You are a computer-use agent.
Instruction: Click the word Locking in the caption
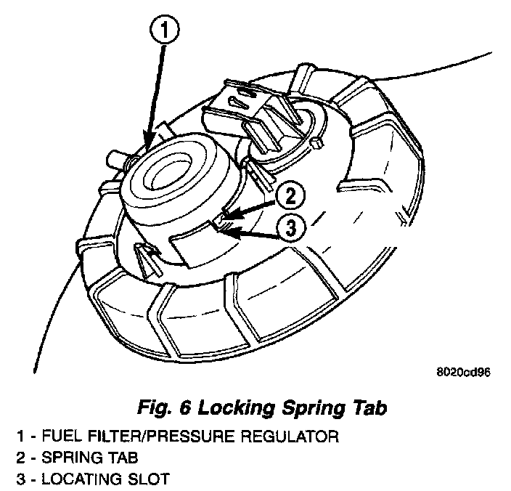coord(234,408)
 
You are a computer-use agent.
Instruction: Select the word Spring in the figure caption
coord(310,408)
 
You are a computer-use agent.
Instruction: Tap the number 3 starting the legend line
coord(22,479)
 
